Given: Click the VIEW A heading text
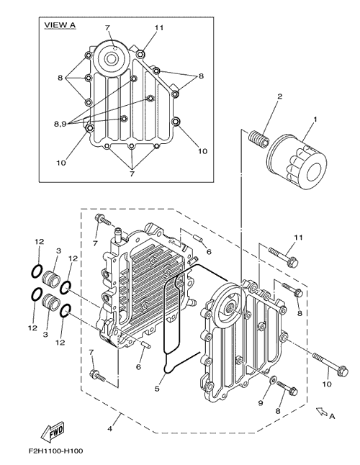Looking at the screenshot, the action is tap(60, 25).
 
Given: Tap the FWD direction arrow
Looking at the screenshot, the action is tap(53, 431).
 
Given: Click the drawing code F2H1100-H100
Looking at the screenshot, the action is tap(55, 451).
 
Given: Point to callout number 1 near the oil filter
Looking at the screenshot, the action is tap(315, 119).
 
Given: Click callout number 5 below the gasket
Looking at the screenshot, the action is tap(157, 388).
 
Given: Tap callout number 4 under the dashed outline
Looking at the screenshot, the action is tap(110, 429).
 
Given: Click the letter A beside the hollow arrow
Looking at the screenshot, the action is tap(332, 417).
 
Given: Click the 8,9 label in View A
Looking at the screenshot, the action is tap(60, 124).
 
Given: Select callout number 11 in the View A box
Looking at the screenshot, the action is tap(159, 27).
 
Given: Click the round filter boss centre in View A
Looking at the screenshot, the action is tap(112, 58).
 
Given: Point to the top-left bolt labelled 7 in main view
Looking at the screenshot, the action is tap(103, 220).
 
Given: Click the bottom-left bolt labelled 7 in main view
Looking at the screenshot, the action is tap(98, 375).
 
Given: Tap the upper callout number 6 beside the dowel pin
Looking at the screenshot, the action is tap(209, 252).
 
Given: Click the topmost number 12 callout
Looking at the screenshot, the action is tap(39, 242).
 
